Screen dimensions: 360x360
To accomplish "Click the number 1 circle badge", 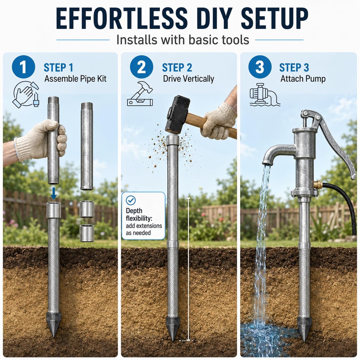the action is point(24,67).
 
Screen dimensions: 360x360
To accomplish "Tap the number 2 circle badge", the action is point(142,67).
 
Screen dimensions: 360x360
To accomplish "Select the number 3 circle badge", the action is point(260,67).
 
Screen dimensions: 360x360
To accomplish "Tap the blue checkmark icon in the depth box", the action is point(131,200).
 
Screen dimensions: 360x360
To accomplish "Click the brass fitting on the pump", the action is point(318,185).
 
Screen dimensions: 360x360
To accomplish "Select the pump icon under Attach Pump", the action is point(265,95).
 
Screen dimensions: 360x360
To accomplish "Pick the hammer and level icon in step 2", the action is point(140,94).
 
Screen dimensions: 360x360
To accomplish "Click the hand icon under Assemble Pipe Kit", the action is point(26,94).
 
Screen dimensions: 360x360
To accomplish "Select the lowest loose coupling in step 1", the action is point(87,233).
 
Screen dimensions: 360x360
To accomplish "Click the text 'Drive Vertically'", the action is point(189,79).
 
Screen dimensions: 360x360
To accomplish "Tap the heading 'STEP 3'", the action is point(294,67).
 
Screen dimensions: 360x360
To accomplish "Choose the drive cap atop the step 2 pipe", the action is point(173,140).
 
